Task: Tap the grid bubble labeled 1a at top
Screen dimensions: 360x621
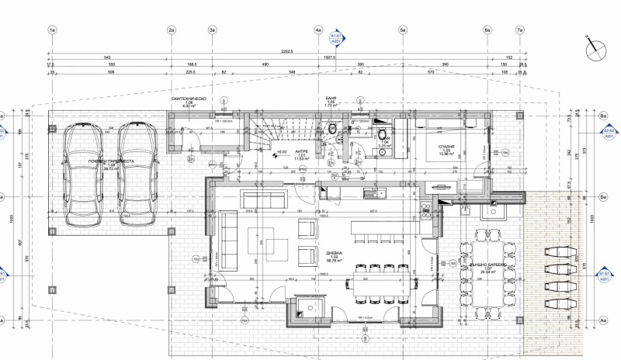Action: (x=52, y=30)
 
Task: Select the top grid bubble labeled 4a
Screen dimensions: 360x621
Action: (x=318, y=30)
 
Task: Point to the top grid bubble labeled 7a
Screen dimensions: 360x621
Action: (x=520, y=30)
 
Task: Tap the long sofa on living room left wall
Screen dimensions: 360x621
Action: (x=229, y=241)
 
